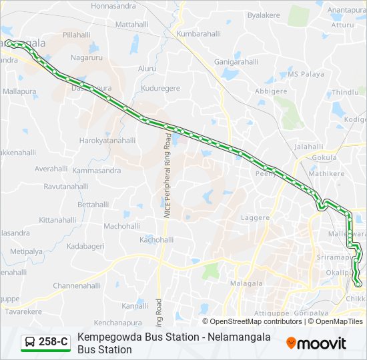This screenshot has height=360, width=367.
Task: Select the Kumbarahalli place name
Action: coord(199,33)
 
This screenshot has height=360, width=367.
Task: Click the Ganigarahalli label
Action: coord(236,61)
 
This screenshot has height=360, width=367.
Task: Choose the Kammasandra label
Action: coord(97,171)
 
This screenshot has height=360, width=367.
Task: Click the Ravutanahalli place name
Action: coord(66,187)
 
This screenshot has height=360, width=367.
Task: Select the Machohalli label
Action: coord(121,226)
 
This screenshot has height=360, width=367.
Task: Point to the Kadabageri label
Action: coord(85,246)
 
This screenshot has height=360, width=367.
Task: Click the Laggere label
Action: coord(256,217)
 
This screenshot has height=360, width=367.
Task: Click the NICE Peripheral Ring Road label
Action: coord(167,177)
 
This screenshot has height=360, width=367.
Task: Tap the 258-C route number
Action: coord(53,342)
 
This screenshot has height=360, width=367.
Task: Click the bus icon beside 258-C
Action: coord(30,343)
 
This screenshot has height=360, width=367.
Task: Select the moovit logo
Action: coord(316,343)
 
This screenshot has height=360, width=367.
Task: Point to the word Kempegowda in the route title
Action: coord(109,337)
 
